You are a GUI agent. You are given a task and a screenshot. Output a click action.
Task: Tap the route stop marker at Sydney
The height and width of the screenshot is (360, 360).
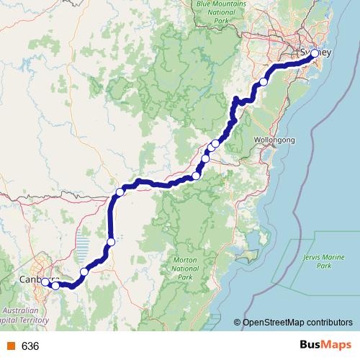pyautogui.click(x=314, y=54)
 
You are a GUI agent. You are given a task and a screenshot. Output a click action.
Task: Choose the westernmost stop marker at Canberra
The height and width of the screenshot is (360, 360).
pyautogui.click(x=45, y=282)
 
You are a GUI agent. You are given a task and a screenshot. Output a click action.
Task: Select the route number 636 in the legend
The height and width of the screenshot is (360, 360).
pyautogui.click(x=30, y=346)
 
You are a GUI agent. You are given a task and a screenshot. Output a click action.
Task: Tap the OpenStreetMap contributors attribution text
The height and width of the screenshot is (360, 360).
pyautogui.click(x=298, y=323)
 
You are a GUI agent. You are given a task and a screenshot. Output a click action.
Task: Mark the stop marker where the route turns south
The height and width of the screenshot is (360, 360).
pyautogui.click(x=120, y=192)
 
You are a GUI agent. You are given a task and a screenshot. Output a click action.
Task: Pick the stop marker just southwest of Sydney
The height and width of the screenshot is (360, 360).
pyautogui.click(x=264, y=82)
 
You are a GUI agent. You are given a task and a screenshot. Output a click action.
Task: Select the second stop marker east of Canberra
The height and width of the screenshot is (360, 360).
pyautogui.click(x=84, y=271)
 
